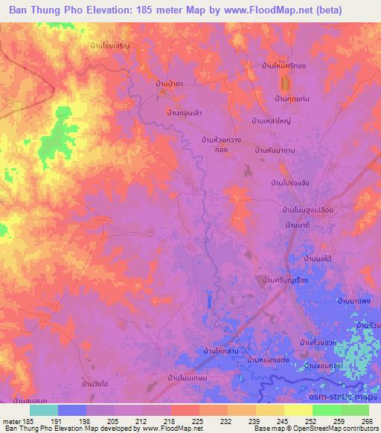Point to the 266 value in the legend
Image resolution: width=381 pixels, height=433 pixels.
[368, 420]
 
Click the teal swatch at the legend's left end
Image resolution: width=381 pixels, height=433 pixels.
[44, 410]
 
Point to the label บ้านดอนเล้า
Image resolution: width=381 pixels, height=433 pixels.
[185, 112]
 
